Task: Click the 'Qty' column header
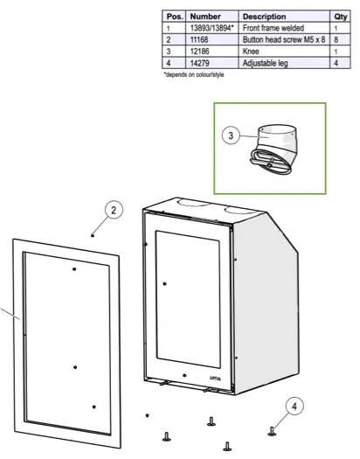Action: pyautogui.click(x=340, y=16)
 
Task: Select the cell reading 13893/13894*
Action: pyautogui.click(x=211, y=28)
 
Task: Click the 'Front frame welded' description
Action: pyautogui.click(x=274, y=28)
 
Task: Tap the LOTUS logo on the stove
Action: pyautogui.click(x=215, y=377)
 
